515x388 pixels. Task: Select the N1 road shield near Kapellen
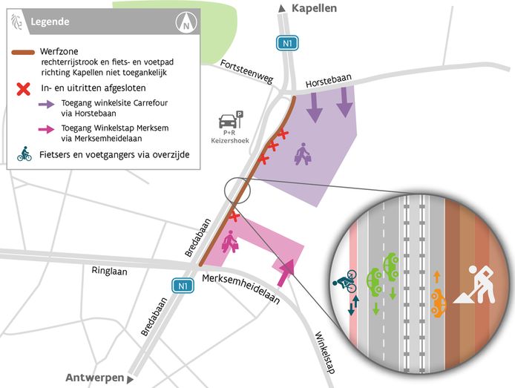[x=287, y=44]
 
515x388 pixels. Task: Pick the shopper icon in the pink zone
[x=230, y=242]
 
